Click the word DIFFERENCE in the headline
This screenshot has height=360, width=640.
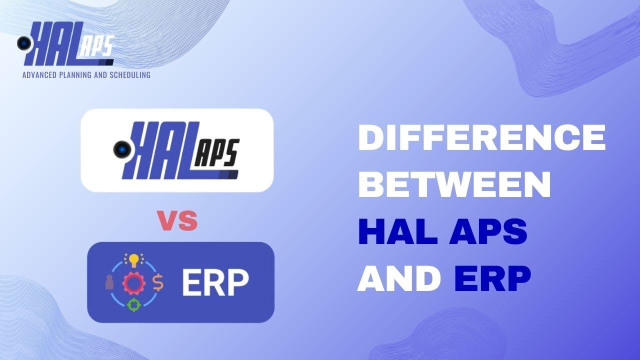click(x=481, y=138)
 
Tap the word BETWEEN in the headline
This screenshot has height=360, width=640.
click(x=454, y=184)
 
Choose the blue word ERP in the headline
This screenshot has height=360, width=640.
click(x=492, y=278)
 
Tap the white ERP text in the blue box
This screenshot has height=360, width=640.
click(x=215, y=282)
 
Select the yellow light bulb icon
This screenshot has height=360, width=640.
click(x=133, y=259)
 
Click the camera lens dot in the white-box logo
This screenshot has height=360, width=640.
click(x=120, y=149)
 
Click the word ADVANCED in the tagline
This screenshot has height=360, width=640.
click(x=40, y=75)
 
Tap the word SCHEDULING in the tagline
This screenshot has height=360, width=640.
click(x=129, y=75)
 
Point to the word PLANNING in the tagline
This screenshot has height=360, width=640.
click(x=79, y=75)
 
